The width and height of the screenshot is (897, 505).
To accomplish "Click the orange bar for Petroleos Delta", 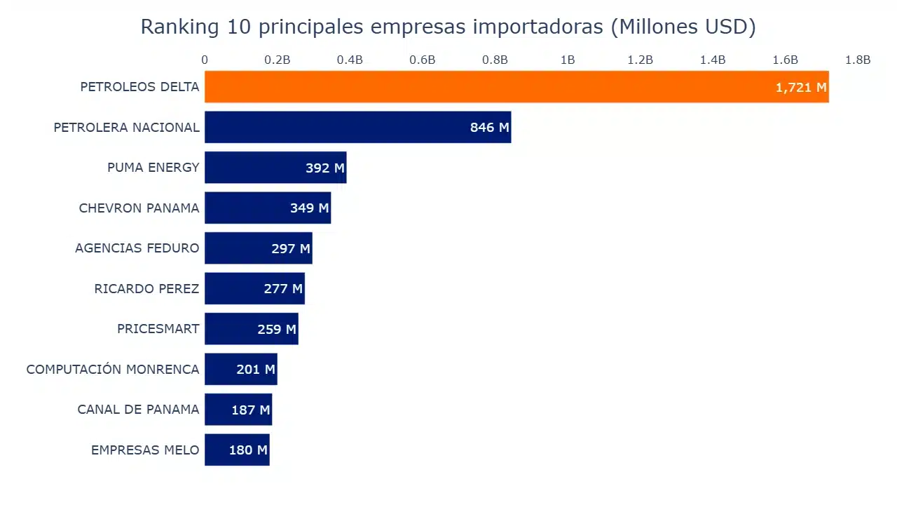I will pos(516,87).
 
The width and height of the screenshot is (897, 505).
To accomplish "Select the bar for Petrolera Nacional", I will pos(357,127).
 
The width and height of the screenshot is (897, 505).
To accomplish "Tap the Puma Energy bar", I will pos(275,168).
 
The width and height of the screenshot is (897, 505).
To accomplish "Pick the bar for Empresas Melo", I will pos(237,450).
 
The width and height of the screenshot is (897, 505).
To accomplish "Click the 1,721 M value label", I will pos(801,88).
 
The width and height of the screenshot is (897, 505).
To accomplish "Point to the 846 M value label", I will pos(489,128).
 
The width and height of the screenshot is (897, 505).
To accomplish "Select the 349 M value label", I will pos(309,208).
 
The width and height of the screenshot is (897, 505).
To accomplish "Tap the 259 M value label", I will pos(277,329).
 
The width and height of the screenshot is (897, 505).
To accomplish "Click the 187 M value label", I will pos(250,410).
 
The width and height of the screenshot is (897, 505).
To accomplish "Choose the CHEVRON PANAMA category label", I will pos(139,208).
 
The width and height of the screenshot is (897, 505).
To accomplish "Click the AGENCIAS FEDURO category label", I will pos(137,248).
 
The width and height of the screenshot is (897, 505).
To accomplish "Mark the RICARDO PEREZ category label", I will pos(146,289).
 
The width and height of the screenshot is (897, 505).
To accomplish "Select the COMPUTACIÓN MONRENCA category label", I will pos(113,370).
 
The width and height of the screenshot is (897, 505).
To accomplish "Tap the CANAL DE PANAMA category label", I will pos(138,410).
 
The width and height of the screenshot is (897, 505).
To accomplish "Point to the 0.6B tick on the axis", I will pos(423,60).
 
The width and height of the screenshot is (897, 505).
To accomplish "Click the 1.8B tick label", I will pos(858,60).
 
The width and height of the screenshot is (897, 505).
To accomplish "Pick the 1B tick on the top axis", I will pos(568,60).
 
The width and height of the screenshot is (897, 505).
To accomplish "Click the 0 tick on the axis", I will pos(205,60).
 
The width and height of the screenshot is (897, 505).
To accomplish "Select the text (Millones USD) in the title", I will pos(683,27).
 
